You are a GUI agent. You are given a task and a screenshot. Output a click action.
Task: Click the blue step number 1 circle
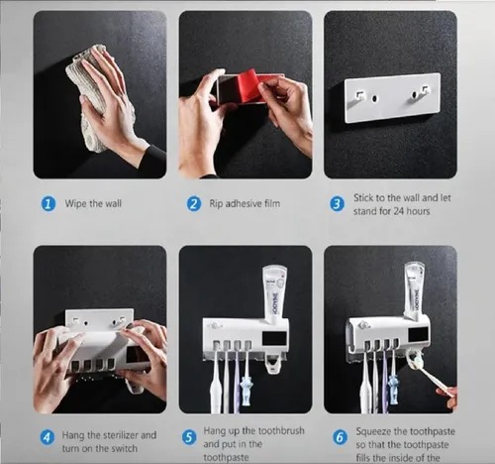tap(48, 204)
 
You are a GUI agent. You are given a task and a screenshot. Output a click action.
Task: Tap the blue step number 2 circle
tap(194, 204)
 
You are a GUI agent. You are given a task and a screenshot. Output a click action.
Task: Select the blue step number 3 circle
tap(337, 204)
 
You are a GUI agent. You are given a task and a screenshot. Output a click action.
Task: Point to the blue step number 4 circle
tap(48, 437)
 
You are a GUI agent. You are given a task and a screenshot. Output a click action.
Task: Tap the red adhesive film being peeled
tap(244, 88)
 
